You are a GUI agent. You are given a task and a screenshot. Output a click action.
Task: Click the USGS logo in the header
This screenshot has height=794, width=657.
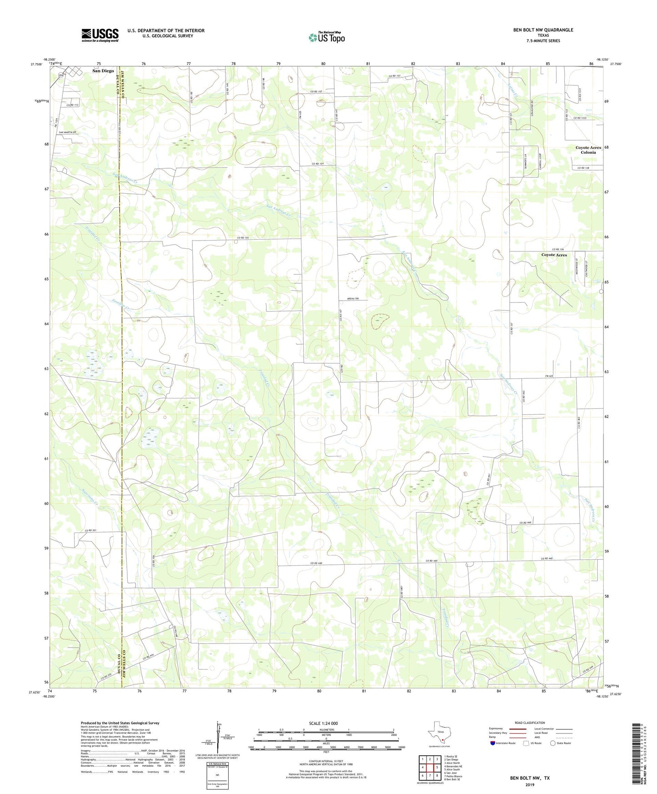click(x=100, y=35)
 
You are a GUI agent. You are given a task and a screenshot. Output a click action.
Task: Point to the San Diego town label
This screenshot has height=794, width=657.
click(x=103, y=71)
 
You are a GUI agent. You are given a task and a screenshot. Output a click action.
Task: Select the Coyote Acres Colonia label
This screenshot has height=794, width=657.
click(x=588, y=150)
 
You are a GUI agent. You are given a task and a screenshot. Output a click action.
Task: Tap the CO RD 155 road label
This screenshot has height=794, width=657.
click(x=243, y=238)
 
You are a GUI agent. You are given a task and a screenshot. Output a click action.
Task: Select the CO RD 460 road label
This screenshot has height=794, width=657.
click(x=525, y=523)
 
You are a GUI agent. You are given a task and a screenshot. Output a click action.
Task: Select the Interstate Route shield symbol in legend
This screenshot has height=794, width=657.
click(x=493, y=755)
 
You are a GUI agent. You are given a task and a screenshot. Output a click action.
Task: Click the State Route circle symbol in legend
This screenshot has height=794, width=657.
click(x=553, y=755)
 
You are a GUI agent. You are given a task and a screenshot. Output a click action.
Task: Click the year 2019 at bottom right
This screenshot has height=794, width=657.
click(x=530, y=784)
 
